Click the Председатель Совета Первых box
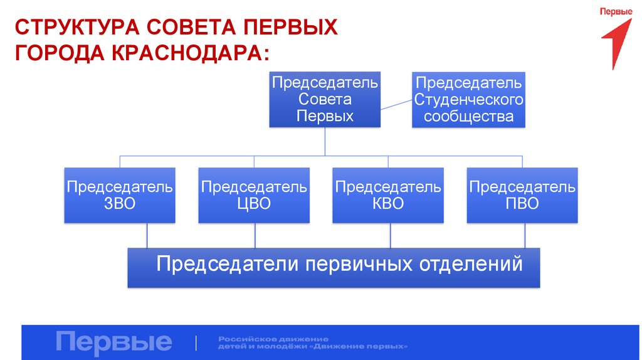[325, 99]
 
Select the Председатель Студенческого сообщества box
[468, 99]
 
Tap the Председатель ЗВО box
[120, 195]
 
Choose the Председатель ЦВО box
[254, 195]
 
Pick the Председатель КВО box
[388, 195]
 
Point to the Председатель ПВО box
[522, 195]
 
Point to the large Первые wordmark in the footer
[113, 342]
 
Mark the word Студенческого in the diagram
[468, 100]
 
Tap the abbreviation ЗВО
[120, 203]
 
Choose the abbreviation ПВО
[522, 203]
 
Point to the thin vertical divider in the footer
[197, 342]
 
